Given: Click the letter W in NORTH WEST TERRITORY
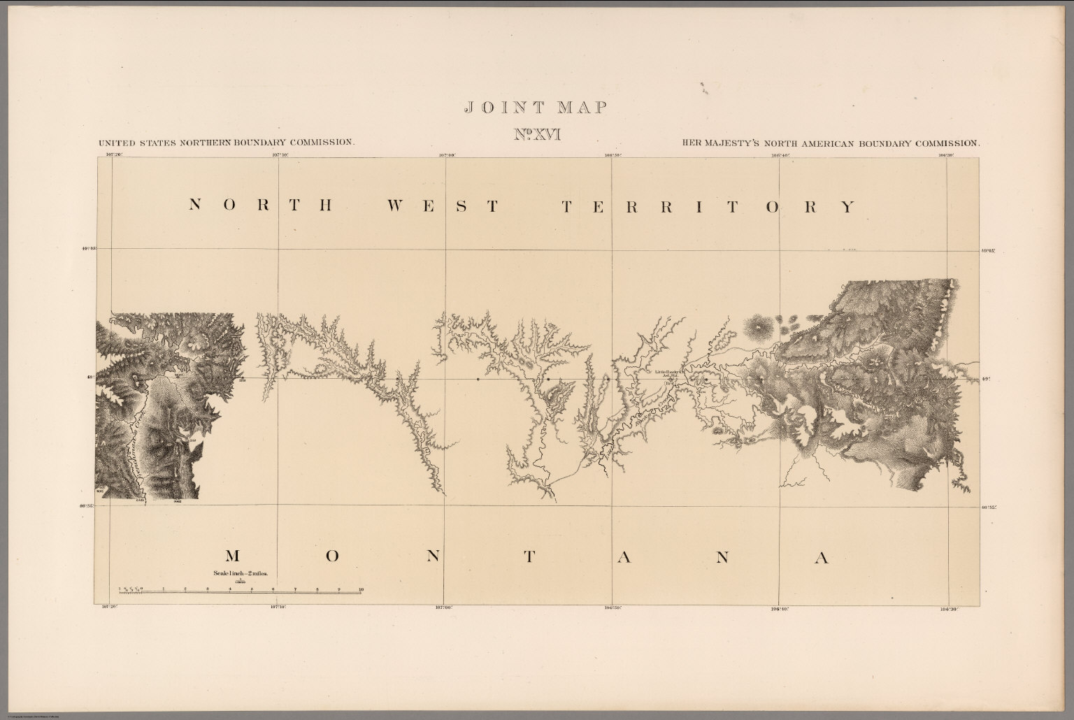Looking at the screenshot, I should [396, 206].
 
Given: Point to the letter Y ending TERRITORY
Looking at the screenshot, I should [847, 206].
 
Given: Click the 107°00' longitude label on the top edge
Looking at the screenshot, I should [447, 154].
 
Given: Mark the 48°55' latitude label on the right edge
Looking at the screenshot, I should [988, 507].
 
